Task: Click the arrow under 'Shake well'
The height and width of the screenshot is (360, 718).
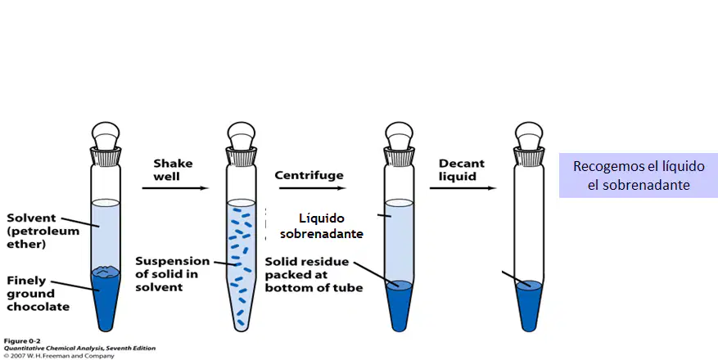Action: pyautogui.click(x=175, y=188)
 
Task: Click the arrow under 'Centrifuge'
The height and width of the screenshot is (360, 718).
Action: pyautogui.click(x=312, y=188)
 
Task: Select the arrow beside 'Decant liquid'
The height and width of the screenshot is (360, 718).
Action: pyautogui.click(x=463, y=188)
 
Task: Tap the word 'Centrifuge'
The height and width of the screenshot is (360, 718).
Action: pyautogui.click(x=309, y=175)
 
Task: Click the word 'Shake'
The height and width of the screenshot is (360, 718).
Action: pyautogui.click(x=173, y=164)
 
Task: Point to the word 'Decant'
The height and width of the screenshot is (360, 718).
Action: pyautogui.click(x=462, y=164)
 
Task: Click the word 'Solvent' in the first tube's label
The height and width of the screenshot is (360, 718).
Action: pyautogui.click(x=31, y=218)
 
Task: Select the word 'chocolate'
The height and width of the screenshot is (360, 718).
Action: pyautogui.click(x=38, y=307)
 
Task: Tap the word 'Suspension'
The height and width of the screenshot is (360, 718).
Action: pyautogui.click(x=172, y=262)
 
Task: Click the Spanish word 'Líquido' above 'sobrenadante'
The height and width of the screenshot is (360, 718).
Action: pyautogui.click(x=322, y=218)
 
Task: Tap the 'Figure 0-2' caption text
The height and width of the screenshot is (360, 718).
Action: pyautogui.click(x=22, y=341)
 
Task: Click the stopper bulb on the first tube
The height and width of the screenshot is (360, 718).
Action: pyautogui.click(x=106, y=134)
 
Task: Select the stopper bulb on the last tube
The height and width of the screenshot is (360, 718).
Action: pyautogui.click(x=529, y=134)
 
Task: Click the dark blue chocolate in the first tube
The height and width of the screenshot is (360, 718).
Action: pyautogui.click(x=106, y=297)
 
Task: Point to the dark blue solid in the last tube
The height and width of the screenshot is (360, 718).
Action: pyautogui.click(x=529, y=304)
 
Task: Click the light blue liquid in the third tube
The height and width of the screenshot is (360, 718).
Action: pyautogui.click(x=400, y=242)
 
